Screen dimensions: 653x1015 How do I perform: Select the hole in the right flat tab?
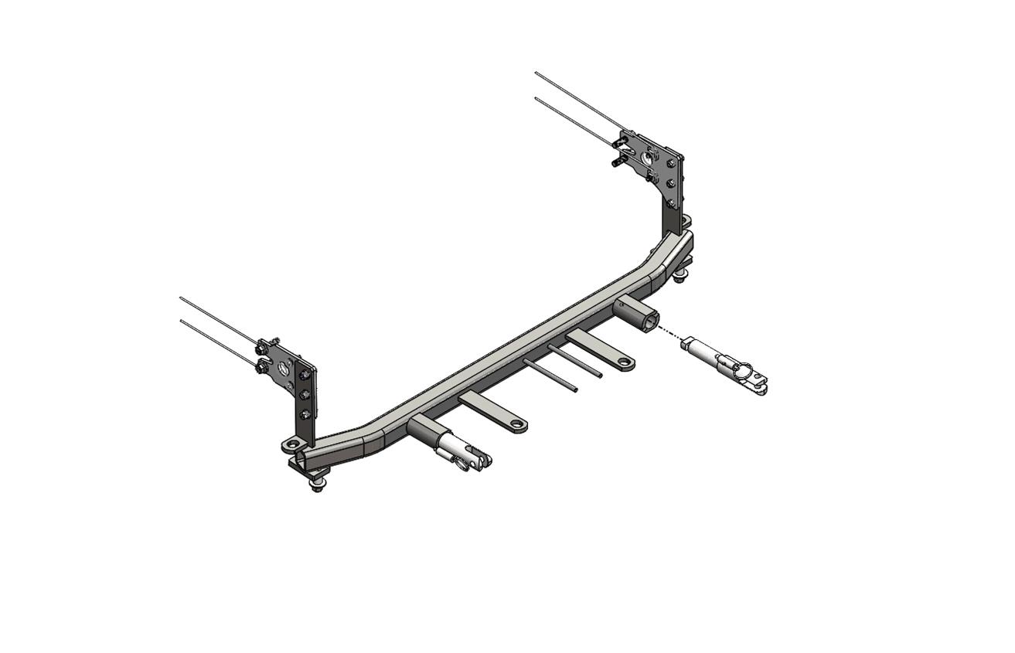[623, 361]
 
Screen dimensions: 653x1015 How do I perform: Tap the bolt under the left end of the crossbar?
[317, 485]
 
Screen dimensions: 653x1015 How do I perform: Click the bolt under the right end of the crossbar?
[680, 276]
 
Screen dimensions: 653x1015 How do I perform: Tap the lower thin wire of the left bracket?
[216, 341]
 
